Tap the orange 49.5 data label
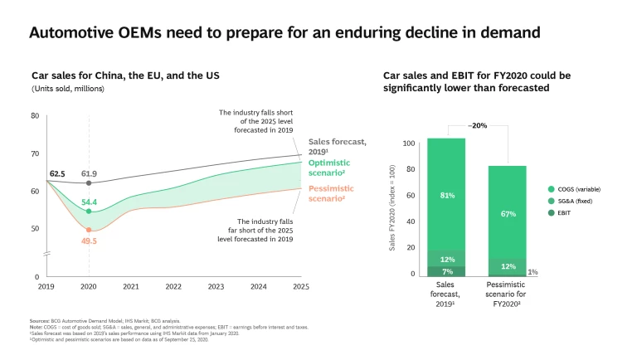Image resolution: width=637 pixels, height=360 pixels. coord(89,241)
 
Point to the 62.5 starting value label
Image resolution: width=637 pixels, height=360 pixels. coord(58,174)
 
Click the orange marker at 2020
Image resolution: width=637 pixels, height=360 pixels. coord(89,230)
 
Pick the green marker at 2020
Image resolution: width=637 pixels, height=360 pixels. coord(89,212)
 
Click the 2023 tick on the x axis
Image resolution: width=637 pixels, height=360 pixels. coord(216,286)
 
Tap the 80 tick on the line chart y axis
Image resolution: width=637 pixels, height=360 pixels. coord(35,116)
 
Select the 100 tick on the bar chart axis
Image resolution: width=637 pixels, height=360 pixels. coord(407,144)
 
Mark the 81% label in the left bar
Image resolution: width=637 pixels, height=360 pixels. coord(446,196)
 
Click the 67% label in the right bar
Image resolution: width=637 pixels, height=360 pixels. coord(508,214)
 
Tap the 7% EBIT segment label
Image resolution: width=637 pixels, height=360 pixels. coord(446,271)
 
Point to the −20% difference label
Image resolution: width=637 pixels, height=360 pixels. coord(477,126)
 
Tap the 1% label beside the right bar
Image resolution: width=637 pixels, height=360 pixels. coord(533,272)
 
